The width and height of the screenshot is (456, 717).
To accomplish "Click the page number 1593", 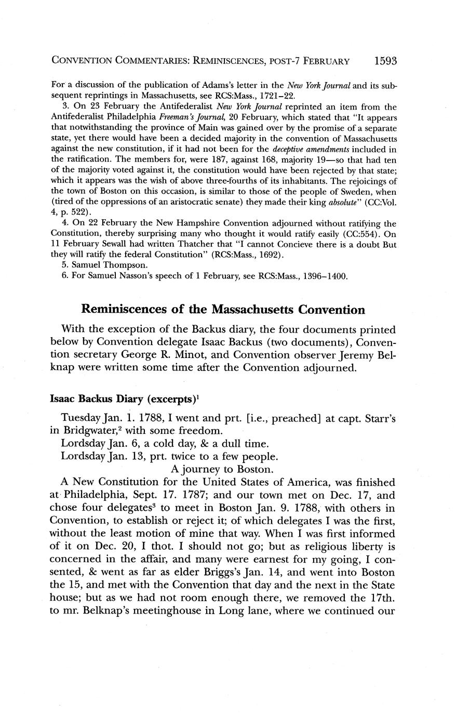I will (385, 61).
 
